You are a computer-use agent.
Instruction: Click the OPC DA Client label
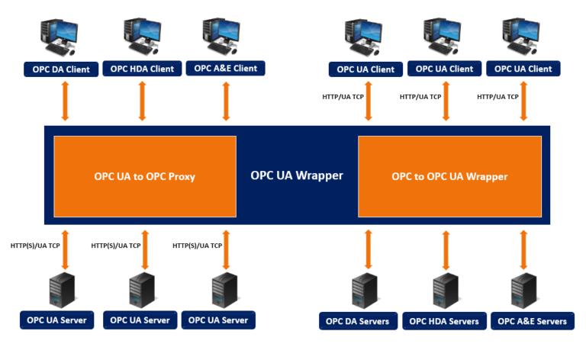point(61,69)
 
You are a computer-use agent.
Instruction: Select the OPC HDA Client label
point(142,69)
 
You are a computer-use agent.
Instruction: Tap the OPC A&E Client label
point(225,68)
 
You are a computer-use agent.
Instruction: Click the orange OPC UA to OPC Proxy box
point(144,176)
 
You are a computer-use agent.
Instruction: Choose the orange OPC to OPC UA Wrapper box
point(449,176)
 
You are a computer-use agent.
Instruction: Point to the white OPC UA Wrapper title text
point(297,175)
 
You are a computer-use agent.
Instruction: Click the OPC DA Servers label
point(357,321)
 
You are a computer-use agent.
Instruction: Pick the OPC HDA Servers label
point(444,321)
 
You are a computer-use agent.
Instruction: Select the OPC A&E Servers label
point(532,321)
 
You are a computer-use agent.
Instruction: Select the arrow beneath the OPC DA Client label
point(65,101)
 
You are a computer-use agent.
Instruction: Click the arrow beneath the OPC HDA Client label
point(142,101)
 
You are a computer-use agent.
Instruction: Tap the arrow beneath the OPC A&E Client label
point(226,101)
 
